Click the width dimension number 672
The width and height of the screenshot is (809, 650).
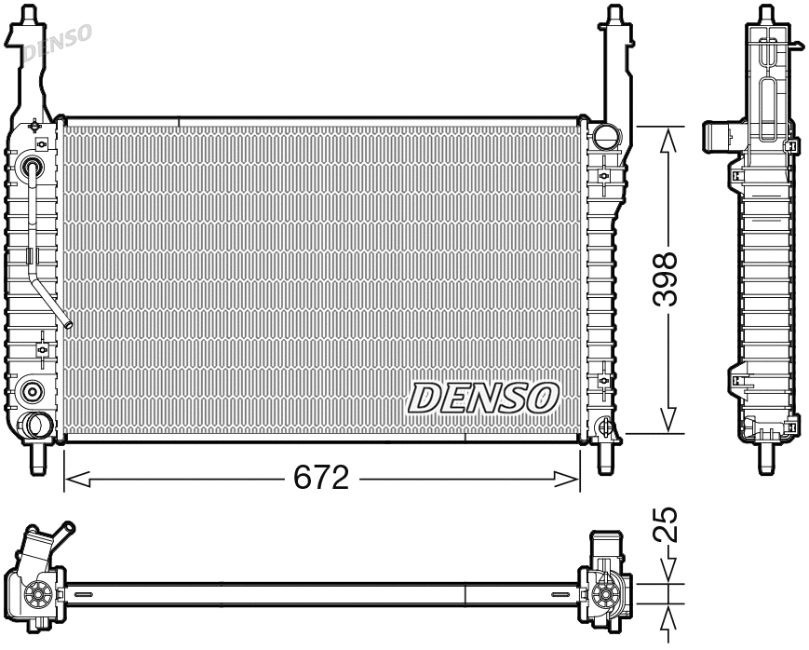pyautogui.click(x=320, y=478)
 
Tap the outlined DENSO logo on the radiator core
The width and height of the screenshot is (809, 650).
pyautogui.click(x=481, y=398)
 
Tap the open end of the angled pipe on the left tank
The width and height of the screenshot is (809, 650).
pyautogui.click(x=68, y=323)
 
